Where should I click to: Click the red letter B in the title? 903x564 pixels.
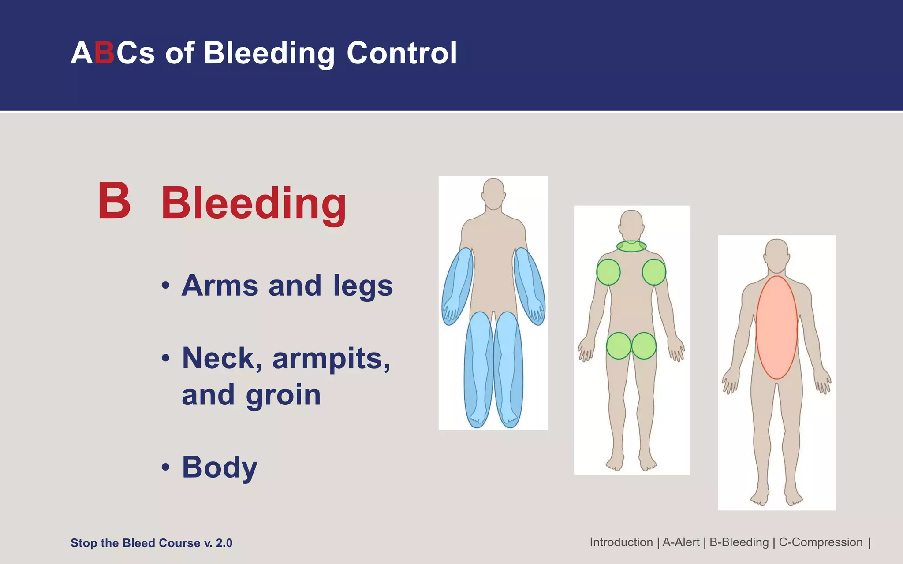coord(104,53)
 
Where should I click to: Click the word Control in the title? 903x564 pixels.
coord(402,53)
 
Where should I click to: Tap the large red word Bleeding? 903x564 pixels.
coord(254,204)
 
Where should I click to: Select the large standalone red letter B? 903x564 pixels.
coord(114,201)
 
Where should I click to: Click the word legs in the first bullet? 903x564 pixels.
coord(362,286)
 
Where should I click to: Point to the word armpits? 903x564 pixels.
coord(331,359)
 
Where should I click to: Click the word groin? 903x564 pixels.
coord(283,395)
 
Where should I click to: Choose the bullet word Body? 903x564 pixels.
coord(220,468)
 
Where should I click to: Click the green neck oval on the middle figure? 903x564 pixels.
coord(631,246)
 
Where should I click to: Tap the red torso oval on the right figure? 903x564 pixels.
coord(776,327)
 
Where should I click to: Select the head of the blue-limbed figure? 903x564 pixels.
coord(493,193)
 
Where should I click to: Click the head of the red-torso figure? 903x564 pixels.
coord(776,255)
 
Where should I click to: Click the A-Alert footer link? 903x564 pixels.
coord(681,542)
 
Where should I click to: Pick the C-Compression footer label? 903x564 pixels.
coord(821,542)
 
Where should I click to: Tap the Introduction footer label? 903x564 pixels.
coord(621,542)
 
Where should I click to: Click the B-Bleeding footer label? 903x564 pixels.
coord(739,542)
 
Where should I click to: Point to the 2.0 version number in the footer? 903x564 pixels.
coord(224,543)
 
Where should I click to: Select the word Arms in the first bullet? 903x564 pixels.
coord(220,286)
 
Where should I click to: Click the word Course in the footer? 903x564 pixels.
coord(179,543)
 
